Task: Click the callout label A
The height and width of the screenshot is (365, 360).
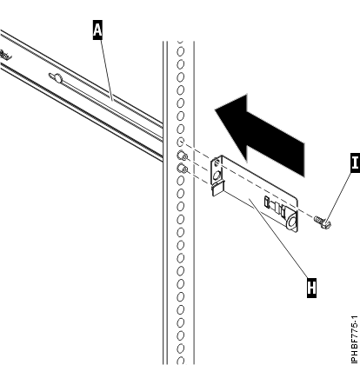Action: click(x=97, y=30)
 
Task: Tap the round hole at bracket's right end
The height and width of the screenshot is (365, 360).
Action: click(x=290, y=222)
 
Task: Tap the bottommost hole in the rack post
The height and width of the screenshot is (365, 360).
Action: click(x=180, y=356)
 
